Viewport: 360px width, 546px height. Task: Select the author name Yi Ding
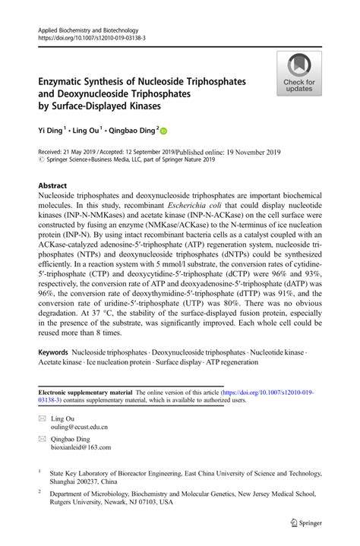52,130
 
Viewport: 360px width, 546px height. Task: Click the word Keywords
53,353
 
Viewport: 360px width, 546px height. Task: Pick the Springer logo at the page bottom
308,522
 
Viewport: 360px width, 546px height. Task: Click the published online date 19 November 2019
251,152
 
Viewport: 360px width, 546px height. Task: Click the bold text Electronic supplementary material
84,392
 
